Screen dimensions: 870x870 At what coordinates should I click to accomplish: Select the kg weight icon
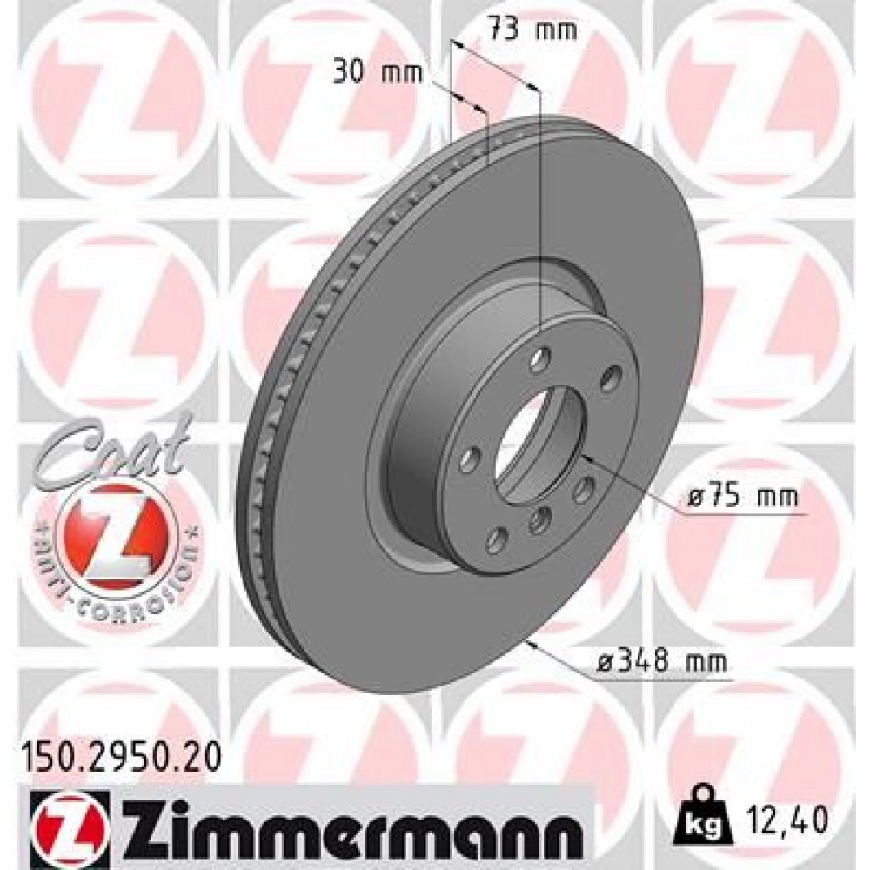click(709, 809)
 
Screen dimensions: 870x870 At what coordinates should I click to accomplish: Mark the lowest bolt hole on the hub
click(497, 540)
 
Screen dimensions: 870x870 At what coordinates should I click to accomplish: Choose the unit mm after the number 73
click(557, 30)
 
